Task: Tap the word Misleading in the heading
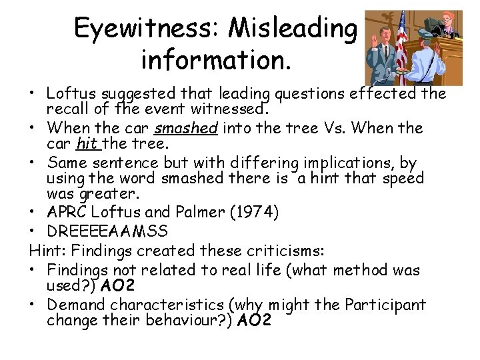click(293, 28)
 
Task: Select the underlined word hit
click(87, 143)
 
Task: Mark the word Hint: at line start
click(47, 252)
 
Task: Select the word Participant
click(385, 305)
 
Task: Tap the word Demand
click(76, 305)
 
